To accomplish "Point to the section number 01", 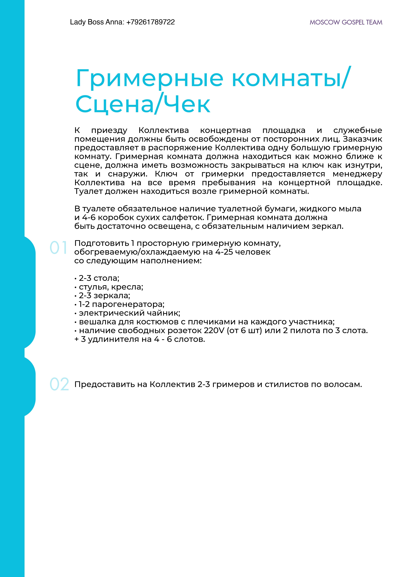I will (x=59, y=248).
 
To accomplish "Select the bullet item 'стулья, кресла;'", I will (x=111, y=287).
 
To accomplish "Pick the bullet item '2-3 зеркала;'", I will (x=104, y=296).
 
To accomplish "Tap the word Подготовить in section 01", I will (x=102, y=243).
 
